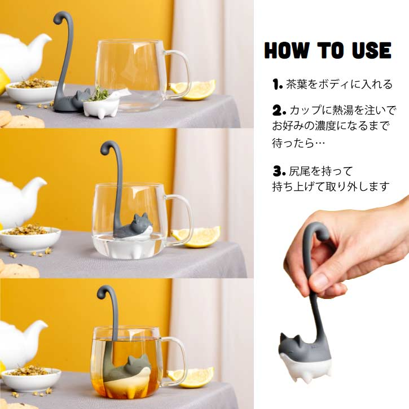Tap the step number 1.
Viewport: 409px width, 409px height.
(x=276, y=85)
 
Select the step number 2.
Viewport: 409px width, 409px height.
(x=276, y=109)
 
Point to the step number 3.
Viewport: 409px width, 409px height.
(x=276, y=171)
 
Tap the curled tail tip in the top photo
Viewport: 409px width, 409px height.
(x=60, y=17)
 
